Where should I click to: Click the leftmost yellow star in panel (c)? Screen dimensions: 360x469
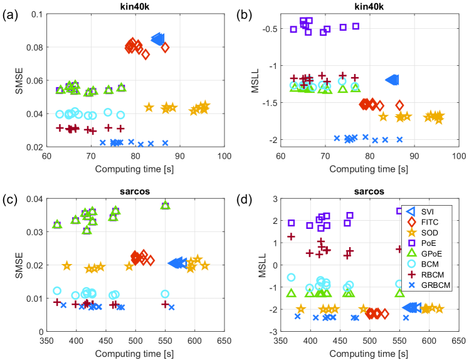click(66, 266)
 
